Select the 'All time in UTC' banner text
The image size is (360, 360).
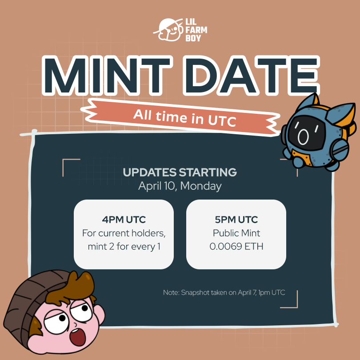[184, 116]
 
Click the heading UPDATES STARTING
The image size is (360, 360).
[180, 172]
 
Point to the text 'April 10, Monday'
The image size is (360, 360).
[180, 186]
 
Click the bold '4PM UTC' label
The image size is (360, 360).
[124, 220]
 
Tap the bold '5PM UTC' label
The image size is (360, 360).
[236, 220]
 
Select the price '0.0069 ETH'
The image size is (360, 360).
[236, 246]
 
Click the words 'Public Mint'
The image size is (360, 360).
[236, 233]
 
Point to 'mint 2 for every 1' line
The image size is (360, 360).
[124, 246]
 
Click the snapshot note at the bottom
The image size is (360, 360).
[224, 292]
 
